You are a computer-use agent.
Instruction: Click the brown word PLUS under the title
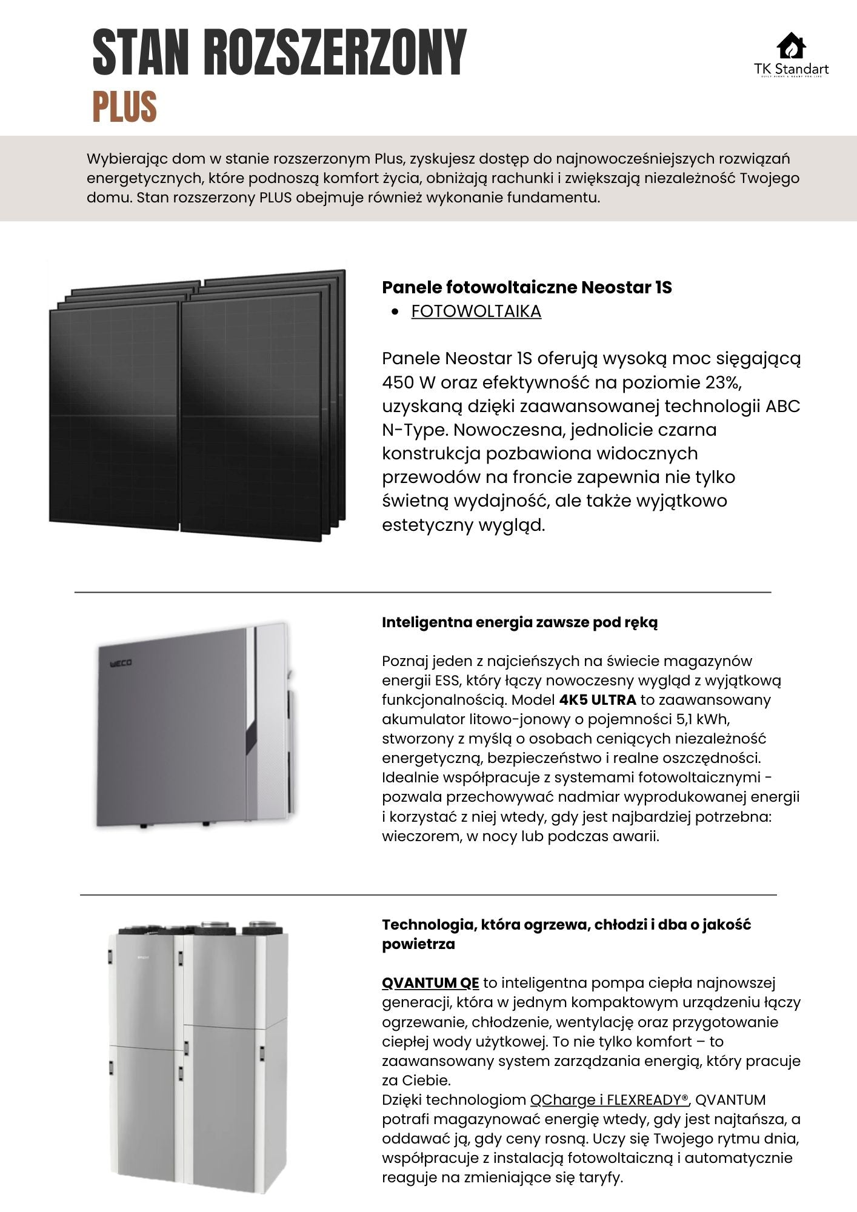(x=124, y=107)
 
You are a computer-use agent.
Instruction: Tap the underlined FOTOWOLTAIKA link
(x=476, y=311)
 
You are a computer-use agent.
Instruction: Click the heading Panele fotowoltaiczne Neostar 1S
(x=527, y=287)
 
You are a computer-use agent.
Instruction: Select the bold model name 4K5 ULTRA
(x=598, y=700)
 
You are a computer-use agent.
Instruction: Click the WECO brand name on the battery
(x=121, y=664)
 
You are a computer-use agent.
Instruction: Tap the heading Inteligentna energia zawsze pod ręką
(x=519, y=622)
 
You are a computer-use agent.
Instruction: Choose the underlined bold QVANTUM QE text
(x=430, y=982)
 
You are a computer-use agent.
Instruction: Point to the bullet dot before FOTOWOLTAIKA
(x=395, y=312)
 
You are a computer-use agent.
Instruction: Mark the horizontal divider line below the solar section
(x=422, y=591)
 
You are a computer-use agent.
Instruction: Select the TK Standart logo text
(x=792, y=69)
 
